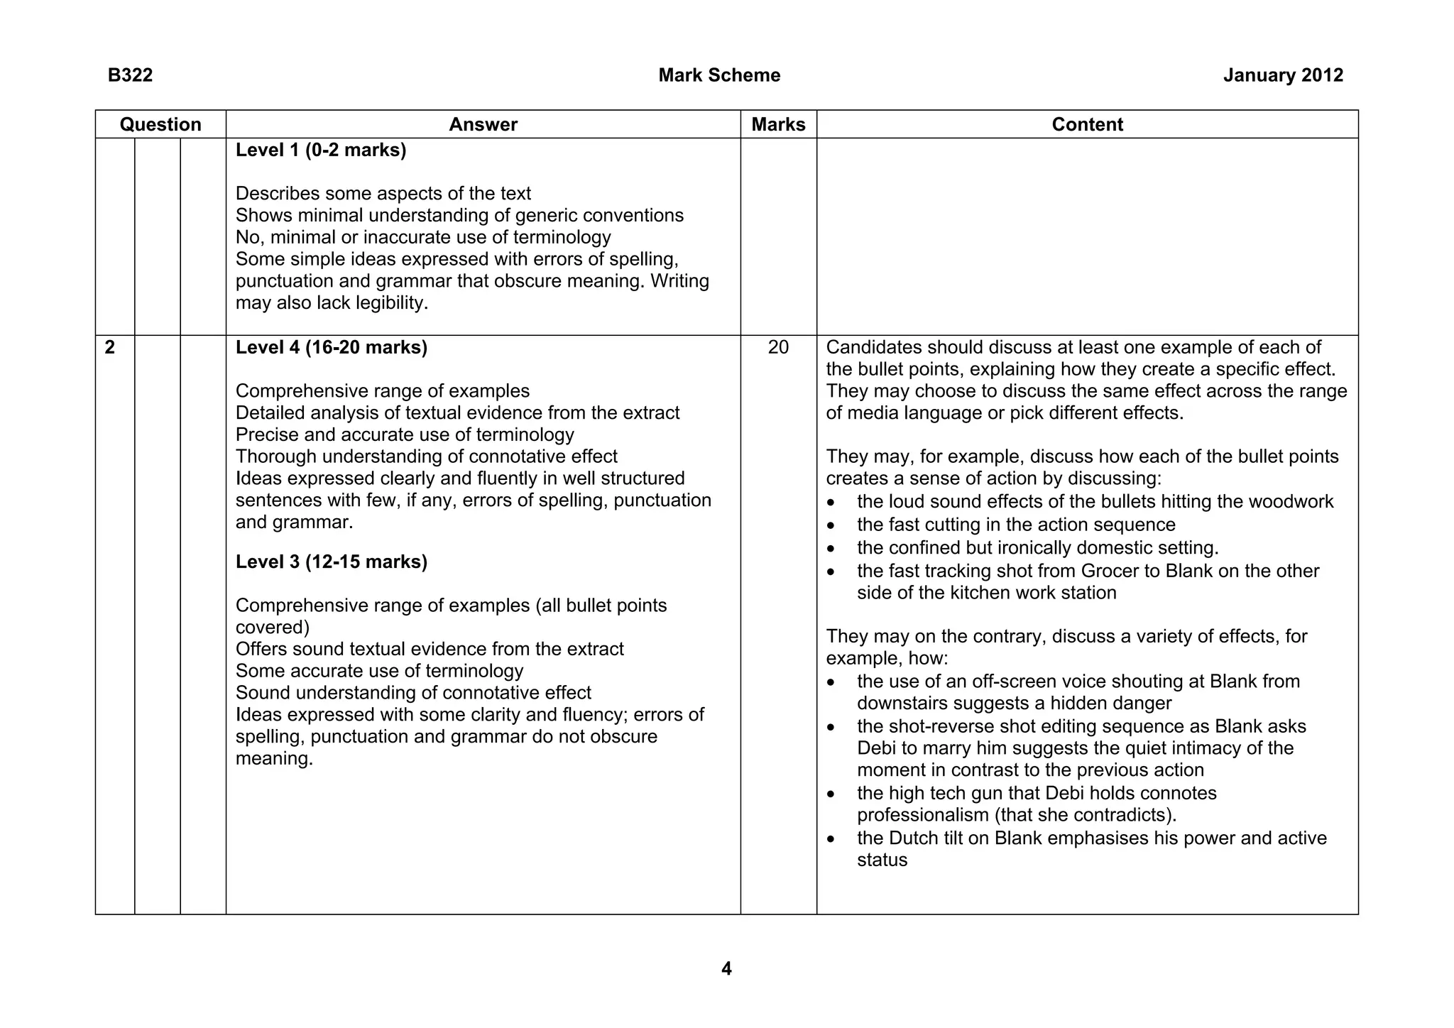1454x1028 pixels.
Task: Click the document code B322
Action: tap(130, 75)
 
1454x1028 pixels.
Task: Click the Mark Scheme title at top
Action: tap(718, 75)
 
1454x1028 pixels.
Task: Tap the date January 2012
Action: tap(1282, 75)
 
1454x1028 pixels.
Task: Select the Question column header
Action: tap(160, 124)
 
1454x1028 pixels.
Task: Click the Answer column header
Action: tap(483, 124)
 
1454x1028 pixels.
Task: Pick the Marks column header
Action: tap(778, 124)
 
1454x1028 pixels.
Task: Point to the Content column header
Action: tap(1087, 124)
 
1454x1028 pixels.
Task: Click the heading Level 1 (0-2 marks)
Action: tap(321, 151)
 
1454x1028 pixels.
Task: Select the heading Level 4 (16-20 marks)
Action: tap(331, 348)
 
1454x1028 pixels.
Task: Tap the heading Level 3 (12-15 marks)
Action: tap(331, 562)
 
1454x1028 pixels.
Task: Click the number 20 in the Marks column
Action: tap(778, 348)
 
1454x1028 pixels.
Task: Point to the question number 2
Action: tap(109, 348)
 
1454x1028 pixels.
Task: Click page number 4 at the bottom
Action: tap(726, 968)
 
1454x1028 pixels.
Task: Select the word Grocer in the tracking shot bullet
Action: tap(1108, 572)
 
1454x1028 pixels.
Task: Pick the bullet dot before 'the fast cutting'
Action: tap(832, 526)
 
